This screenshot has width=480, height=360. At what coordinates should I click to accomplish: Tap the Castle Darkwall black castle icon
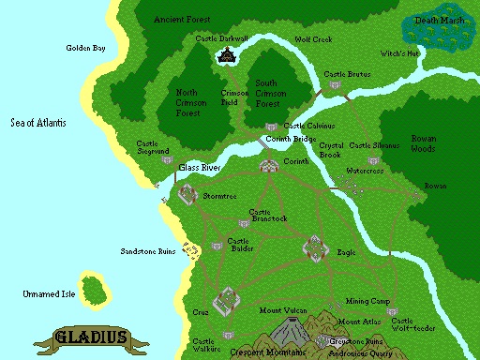[226, 56]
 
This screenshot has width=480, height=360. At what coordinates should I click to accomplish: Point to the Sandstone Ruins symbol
[190, 250]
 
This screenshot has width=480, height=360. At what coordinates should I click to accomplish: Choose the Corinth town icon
[269, 166]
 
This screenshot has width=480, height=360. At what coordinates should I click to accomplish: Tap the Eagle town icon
[314, 247]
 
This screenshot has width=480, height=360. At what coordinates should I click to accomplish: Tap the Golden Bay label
[85, 48]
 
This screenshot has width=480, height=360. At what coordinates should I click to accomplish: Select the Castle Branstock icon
[244, 224]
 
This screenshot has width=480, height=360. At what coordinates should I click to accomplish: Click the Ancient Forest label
[182, 19]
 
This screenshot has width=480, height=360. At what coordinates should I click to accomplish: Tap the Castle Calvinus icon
[272, 126]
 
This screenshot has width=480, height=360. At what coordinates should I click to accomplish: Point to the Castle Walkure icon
[225, 334]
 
